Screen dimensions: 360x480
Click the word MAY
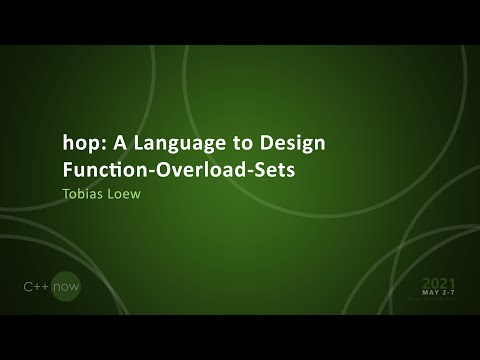click(x=431, y=292)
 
